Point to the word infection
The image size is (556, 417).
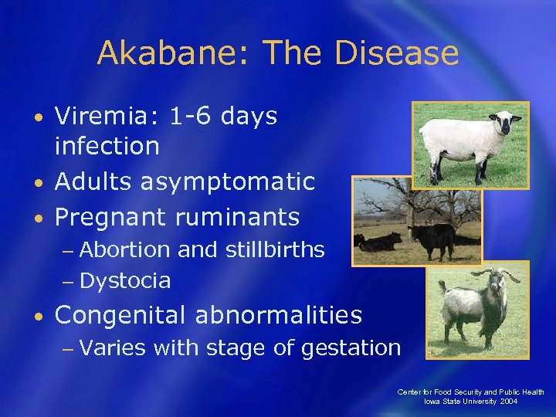[x=107, y=145]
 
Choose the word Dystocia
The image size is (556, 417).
[x=124, y=280]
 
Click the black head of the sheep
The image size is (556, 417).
[x=507, y=122]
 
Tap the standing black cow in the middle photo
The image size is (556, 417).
[x=432, y=236]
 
